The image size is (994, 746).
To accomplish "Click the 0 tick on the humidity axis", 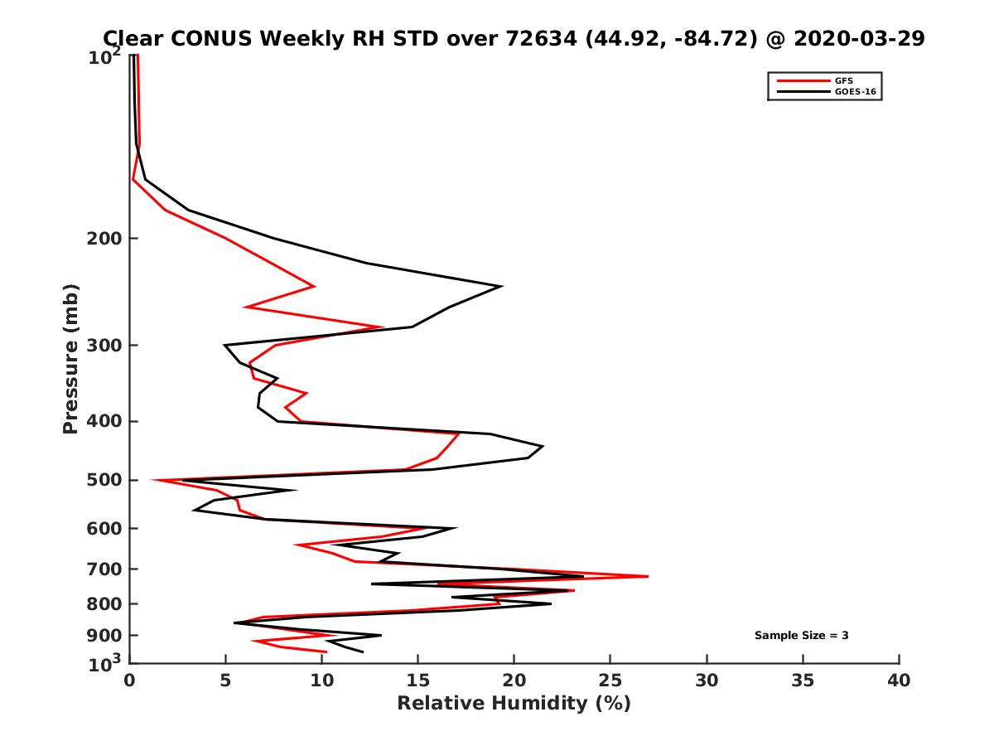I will [x=130, y=681].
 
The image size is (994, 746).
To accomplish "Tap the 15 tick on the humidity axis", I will [x=418, y=681].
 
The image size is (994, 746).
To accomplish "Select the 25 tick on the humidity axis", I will [x=610, y=681].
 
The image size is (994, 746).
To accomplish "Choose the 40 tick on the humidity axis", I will [x=899, y=681].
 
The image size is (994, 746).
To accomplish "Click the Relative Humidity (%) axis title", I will [x=514, y=704].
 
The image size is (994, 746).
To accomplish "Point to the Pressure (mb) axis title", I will [x=70, y=358].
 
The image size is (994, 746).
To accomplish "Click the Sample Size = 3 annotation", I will [x=801, y=636].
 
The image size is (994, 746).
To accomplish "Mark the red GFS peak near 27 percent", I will [x=648, y=576].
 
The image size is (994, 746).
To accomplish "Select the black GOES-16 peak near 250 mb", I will [x=502, y=287].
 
